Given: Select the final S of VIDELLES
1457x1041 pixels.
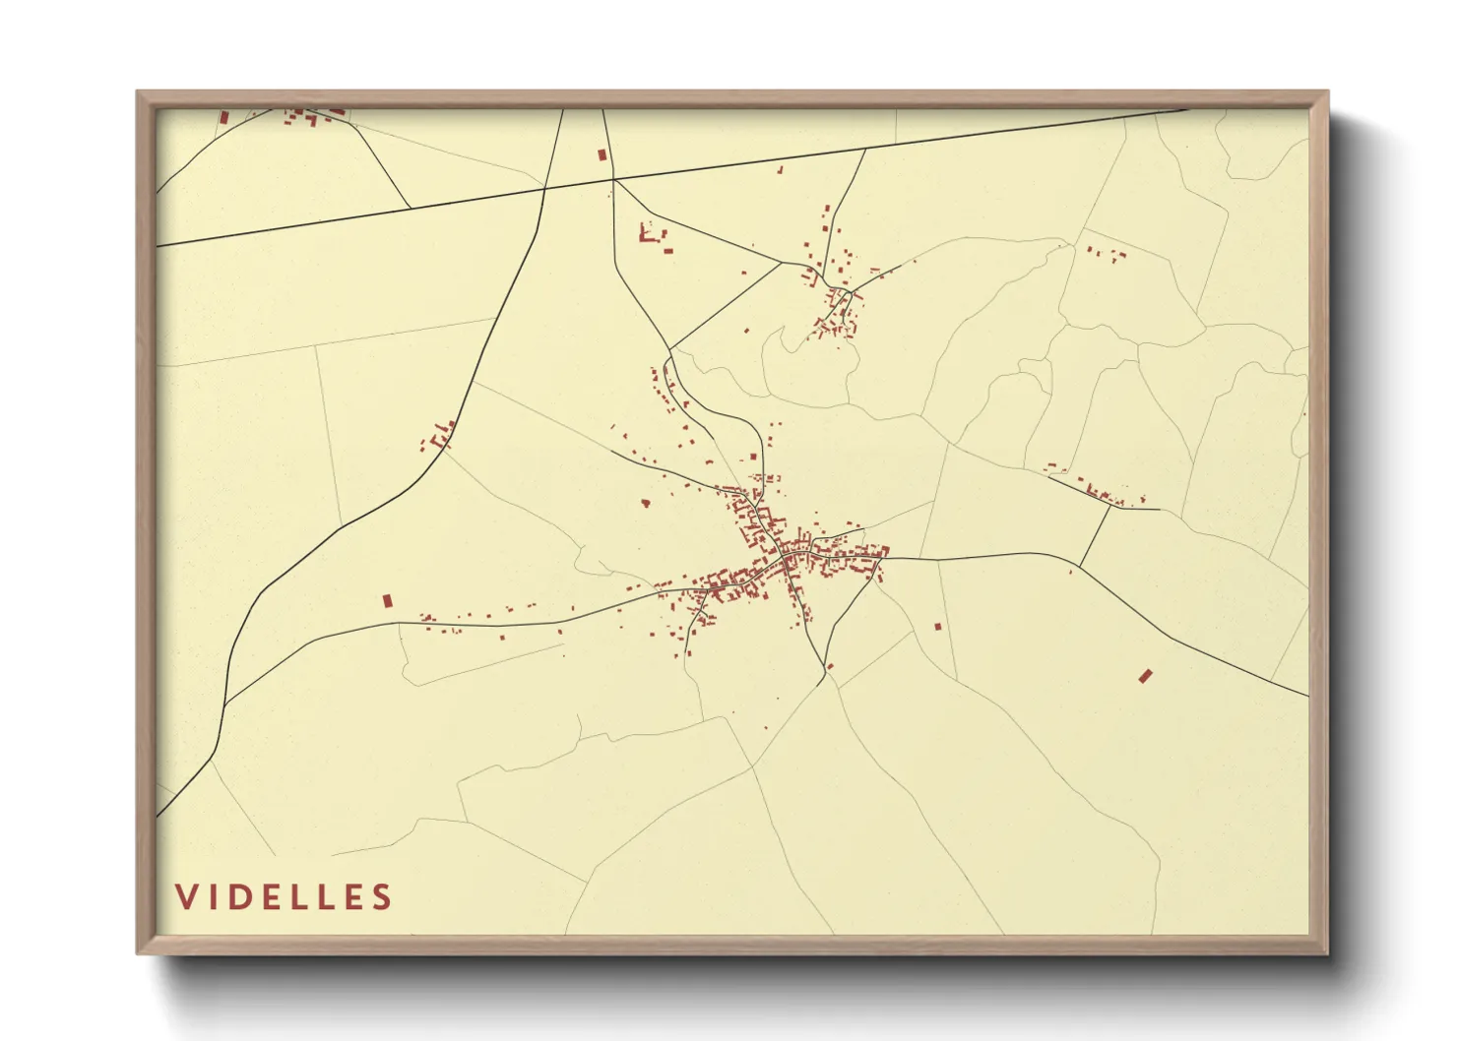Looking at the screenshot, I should [x=382, y=897].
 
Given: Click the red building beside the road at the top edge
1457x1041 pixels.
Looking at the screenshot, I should [x=602, y=154].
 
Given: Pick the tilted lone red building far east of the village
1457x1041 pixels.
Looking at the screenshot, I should [x=1145, y=675].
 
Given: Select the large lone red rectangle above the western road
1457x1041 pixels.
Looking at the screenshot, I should [x=387, y=599].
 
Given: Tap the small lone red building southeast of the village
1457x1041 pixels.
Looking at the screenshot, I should [x=937, y=626].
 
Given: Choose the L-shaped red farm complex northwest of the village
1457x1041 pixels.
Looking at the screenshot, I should [x=649, y=236].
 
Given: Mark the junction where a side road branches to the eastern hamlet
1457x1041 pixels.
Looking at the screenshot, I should [x=1080, y=566].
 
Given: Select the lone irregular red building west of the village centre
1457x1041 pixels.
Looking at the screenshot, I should [x=646, y=503].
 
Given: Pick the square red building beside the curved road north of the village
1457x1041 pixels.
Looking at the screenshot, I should [x=754, y=457].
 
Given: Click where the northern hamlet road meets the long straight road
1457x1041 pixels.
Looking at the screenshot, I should [x=865, y=149].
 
